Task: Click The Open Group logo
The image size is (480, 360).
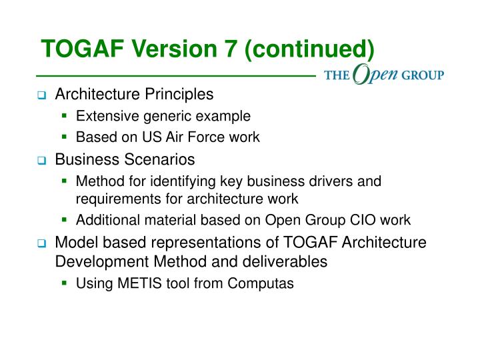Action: pos(384,75)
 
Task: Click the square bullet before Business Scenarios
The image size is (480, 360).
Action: pos(41,161)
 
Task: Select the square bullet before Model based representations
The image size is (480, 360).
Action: pos(41,243)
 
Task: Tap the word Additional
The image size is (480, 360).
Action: pos(104,220)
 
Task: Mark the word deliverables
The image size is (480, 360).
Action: pos(291,261)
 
